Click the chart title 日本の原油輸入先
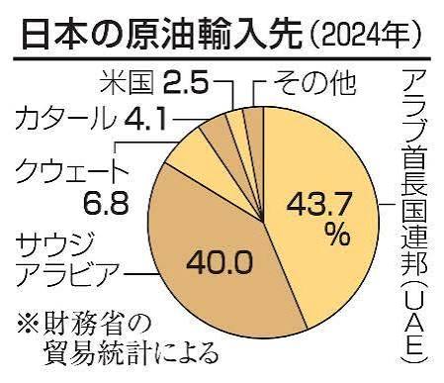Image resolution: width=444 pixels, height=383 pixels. [x=161, y=35]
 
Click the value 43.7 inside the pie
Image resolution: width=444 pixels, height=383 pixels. [x=319, y=205]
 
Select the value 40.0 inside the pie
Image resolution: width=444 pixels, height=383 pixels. [x=220, y=262]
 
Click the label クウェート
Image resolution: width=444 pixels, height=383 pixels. [x=71, y=170]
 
